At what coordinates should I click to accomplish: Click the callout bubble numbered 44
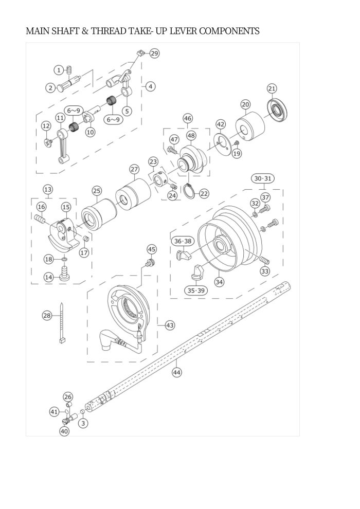tap(176, 373)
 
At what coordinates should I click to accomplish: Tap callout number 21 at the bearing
tap(272, 88)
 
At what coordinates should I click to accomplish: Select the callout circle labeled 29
tap(154, 53)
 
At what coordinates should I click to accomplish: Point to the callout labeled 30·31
tap(263, 178)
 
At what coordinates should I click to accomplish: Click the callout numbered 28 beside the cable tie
tap(47, 315)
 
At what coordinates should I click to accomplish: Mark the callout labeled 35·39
tap(195, 290)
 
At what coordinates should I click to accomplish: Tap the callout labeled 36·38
tap(183, 241)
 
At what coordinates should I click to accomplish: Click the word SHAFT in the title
tap(70, 31)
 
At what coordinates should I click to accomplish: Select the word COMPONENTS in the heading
tap(228, 31)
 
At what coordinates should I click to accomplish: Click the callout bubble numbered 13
tap(47, 189)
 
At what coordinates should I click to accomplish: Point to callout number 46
tap(187, 119)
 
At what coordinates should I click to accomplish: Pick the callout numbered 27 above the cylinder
tap(134, 169)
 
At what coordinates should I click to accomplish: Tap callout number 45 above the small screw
tap(152, 249)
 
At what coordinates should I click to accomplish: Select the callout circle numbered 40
tap(64, 431)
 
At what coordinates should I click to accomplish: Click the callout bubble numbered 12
tap(46, 126)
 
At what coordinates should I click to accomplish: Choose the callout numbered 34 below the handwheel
tap(220, 281)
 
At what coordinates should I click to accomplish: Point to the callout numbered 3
tap(82, 423)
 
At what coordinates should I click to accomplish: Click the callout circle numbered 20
tap(246, 104)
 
